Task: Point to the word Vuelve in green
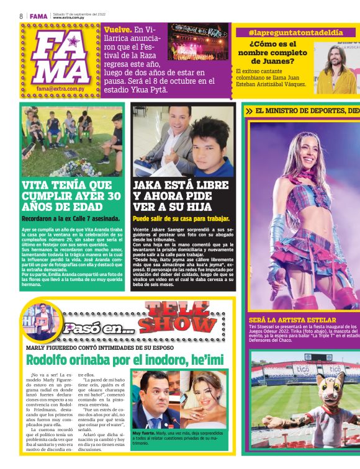point(117,29)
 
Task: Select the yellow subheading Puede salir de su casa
point(181,219)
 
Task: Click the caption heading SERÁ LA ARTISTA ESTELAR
point(292,320)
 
